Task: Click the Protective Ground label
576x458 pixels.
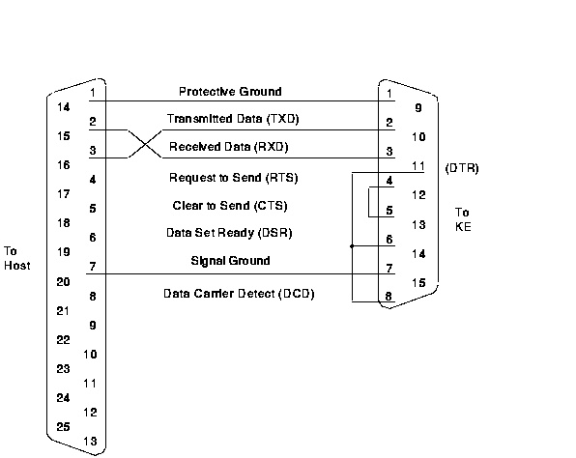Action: [230, 92]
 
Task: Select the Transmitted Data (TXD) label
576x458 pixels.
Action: [233, 119]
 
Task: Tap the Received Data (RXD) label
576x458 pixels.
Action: [228, 147]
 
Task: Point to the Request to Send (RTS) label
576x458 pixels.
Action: [233, 178]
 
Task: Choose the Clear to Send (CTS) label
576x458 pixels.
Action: [230, 206]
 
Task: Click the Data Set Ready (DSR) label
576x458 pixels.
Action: [229, 233]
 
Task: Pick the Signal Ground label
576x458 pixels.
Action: [230, 261]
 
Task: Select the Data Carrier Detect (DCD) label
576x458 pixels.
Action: [239, 294]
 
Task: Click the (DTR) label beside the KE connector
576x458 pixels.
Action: [462, 168]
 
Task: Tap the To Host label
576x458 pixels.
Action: [16, 258]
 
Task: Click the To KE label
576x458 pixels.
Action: [463, 219]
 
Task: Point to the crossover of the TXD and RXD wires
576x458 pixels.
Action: [145, 144]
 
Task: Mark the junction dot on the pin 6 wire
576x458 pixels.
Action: [352, 246]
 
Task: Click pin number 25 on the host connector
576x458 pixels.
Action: [63, 427]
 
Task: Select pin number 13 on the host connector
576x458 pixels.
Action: [90, 442]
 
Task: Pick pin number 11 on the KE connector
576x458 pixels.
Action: [418, 166]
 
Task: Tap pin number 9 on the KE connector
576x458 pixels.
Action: [418, 108]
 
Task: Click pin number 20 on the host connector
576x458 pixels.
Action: [63, 282]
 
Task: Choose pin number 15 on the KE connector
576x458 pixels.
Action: [418, 283]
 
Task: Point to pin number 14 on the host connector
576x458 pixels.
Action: [63, 107]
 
